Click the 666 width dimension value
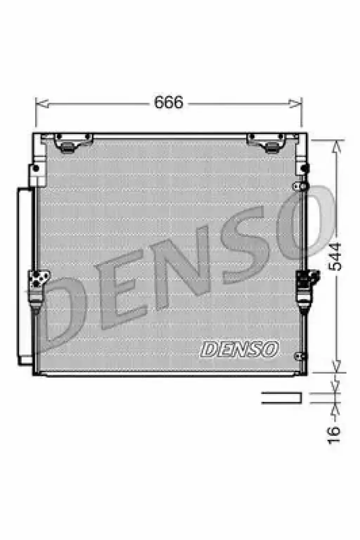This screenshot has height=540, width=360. [x=169, y=102]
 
